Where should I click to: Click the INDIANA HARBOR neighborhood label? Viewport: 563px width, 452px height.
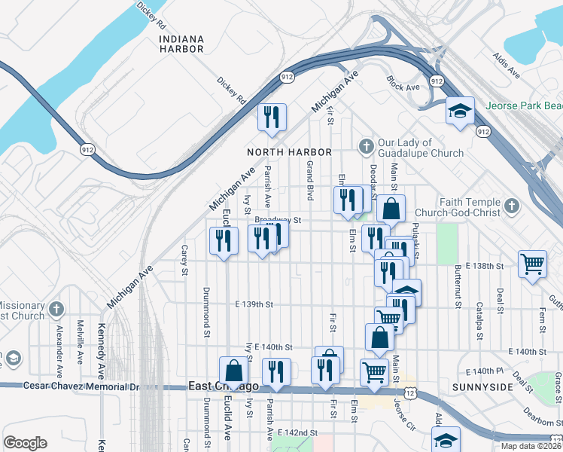(181, 44)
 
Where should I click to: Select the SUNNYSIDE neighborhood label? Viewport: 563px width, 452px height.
(482, 386)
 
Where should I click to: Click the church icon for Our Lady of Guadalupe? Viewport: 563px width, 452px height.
(366, 145)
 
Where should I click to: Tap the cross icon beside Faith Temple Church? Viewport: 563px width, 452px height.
(511, 205)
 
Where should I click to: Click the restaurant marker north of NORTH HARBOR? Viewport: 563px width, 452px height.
(272, 117)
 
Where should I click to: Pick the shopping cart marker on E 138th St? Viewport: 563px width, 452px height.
(532, 264)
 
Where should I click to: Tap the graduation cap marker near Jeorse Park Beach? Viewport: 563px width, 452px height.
(459, 111)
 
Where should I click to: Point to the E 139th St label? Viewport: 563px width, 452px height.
(252, 304)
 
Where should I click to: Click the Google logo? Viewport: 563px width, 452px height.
(25, 443)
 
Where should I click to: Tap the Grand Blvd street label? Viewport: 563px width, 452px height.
(309, 179)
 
